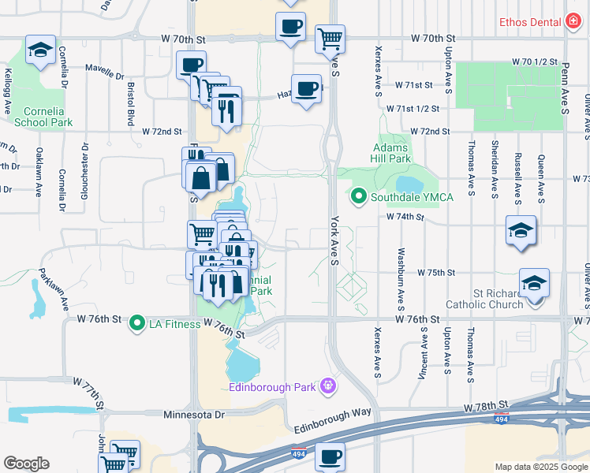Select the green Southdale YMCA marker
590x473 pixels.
(359, 196)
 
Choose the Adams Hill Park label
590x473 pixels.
(390, 153)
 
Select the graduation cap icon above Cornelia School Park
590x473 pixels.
(40, 50)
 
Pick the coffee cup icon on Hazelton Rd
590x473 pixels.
(306, 88)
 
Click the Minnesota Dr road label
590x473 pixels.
(194, 414)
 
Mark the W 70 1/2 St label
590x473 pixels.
(534, 61)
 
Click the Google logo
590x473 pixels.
(26, 464)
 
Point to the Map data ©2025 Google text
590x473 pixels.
(540, 467)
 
